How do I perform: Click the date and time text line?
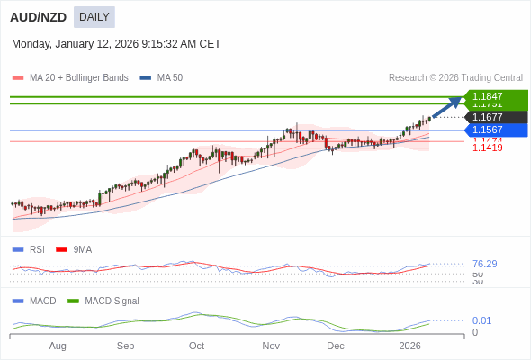(x=116, y=44)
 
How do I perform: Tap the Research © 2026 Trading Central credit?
(x=455, y=78)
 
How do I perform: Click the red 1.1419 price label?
(x=487, y=148)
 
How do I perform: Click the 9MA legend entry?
(x=82, y=249)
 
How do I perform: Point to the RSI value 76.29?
(x=484, y=264)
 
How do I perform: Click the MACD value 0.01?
(x=481, y=320)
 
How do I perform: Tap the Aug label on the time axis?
(x=58, y=346)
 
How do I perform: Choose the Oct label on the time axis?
(x=196, y=346)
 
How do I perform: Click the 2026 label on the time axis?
(x=409, y=346)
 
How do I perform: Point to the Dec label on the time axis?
(x=336, y=346)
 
